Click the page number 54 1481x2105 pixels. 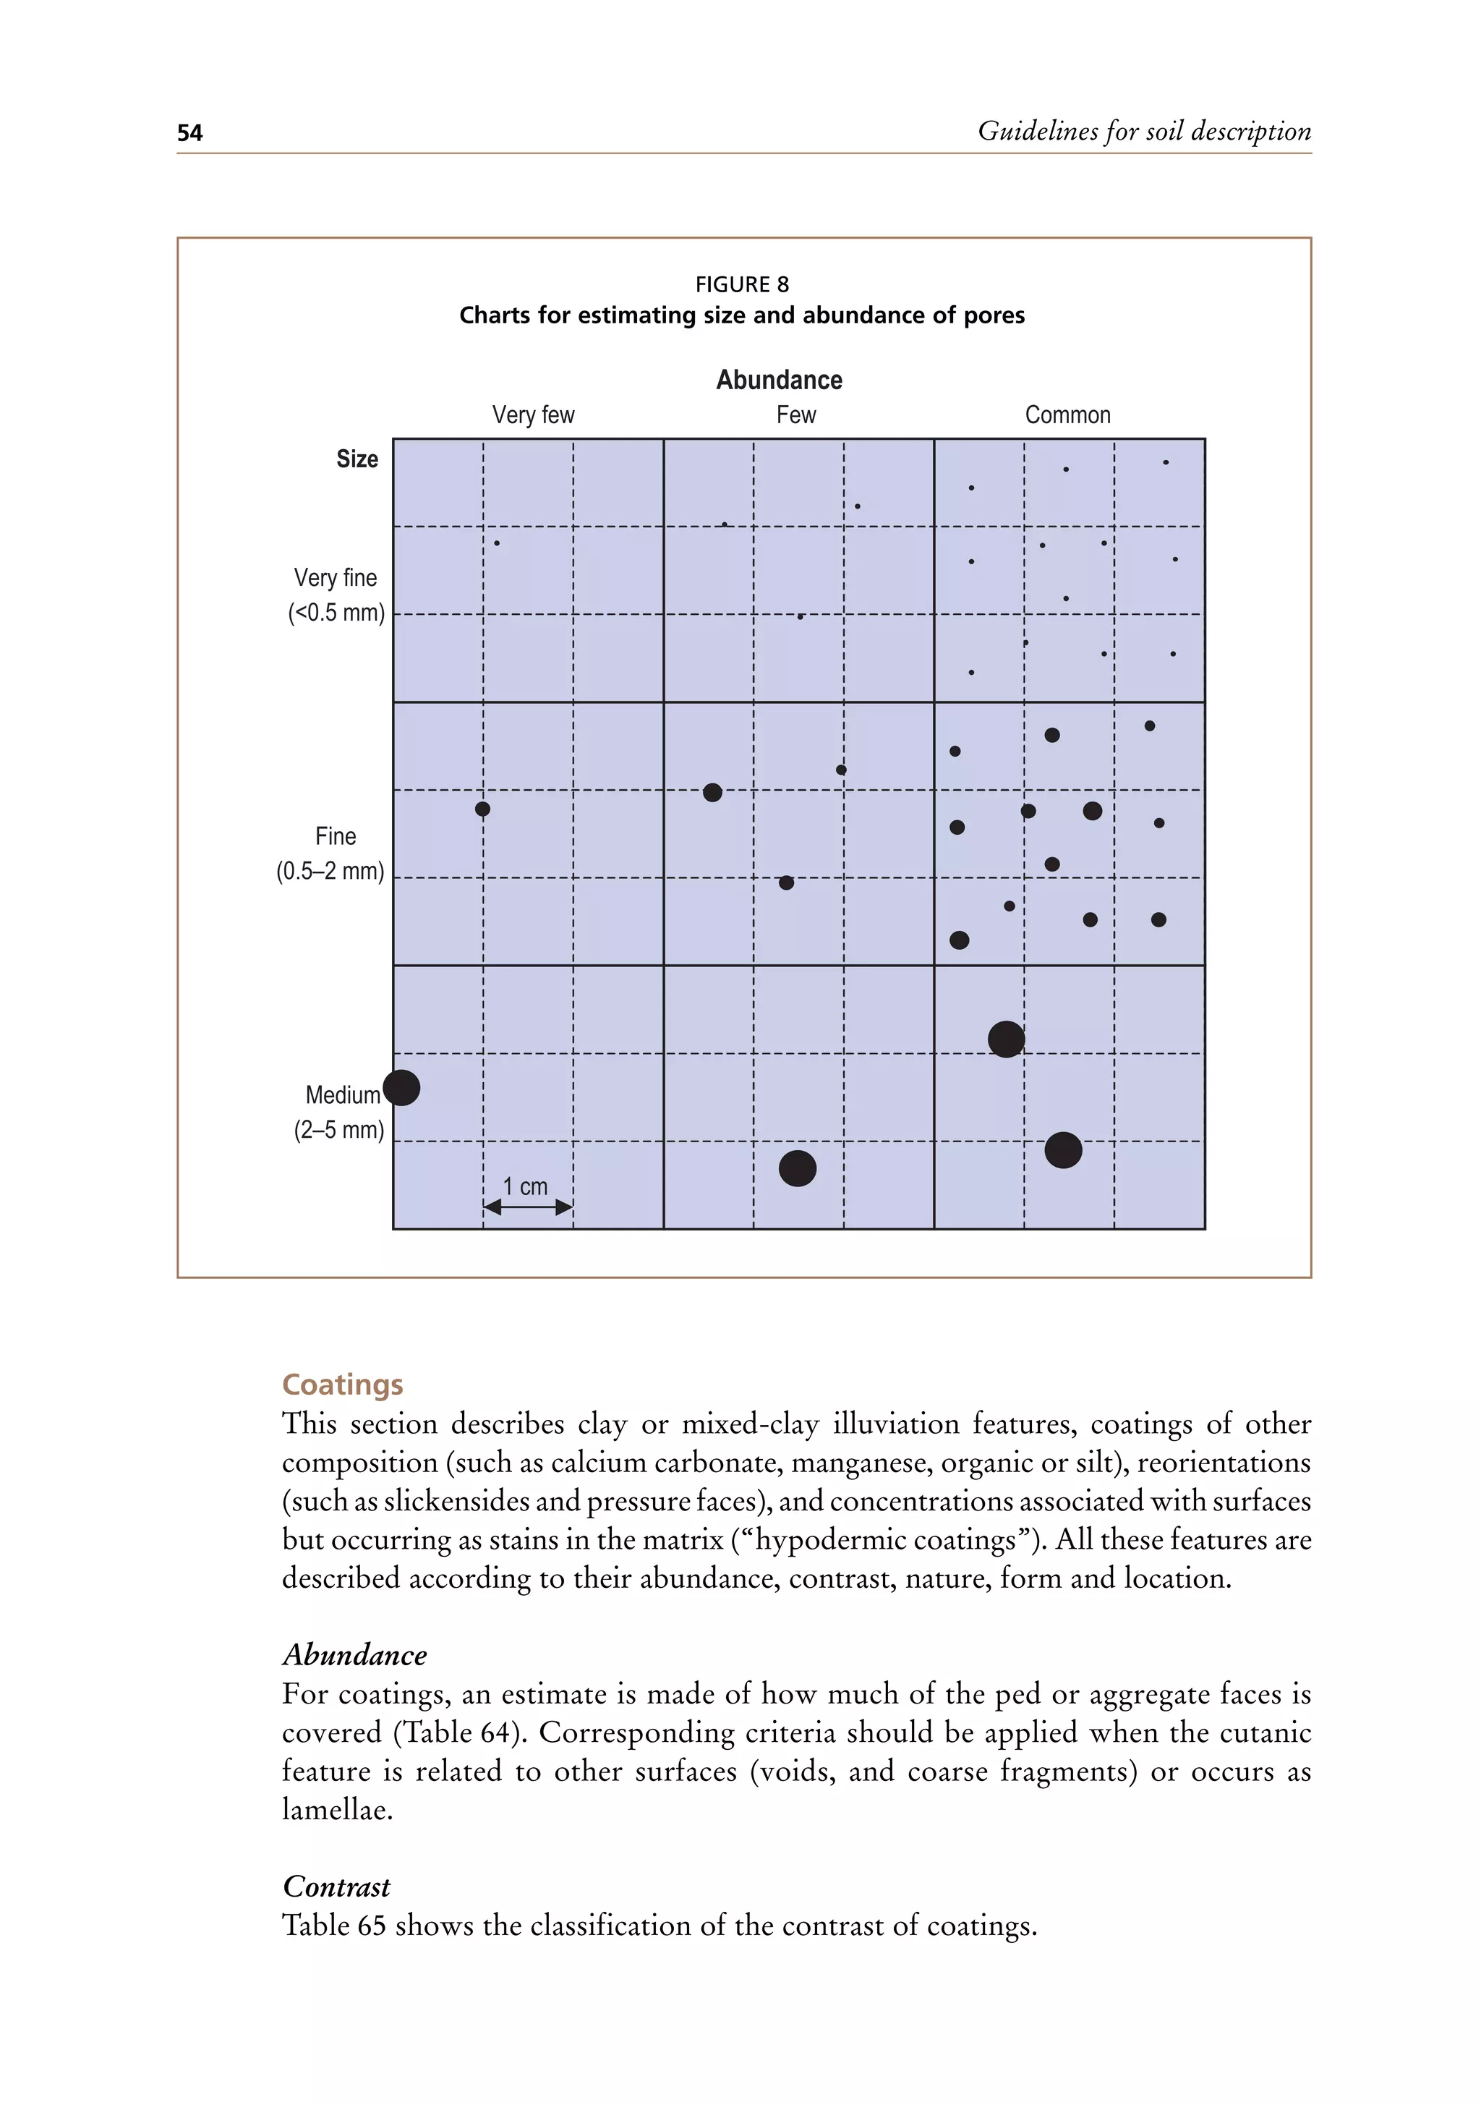click(x=189, y=134)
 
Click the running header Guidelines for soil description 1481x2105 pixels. click(x=1144, y=131)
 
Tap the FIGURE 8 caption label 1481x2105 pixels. click(x=741, y=284)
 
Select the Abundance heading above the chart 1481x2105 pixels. click(x=779, y=380)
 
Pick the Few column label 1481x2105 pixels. click(x=795, y=415)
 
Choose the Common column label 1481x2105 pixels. click(x=1067, y=415)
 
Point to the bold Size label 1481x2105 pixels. click(x=357, y=459)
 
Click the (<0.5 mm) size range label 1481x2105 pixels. click(x=336, y=613)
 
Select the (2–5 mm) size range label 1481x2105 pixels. click(x=338, y=1129)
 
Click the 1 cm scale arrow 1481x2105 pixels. click(x=528, y=1207)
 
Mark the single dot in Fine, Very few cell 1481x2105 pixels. click(x=483, y=809)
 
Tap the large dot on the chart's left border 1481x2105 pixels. click(x=401, y=1087)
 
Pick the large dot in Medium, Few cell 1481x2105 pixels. click(x=798, y=1168)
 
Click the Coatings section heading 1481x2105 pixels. click(x=342, y=1385)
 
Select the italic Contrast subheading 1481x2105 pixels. click(x=336, y=1887)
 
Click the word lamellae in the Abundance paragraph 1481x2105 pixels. click(x=336, y=1809)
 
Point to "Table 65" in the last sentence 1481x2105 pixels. click(x=333, y=1926)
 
